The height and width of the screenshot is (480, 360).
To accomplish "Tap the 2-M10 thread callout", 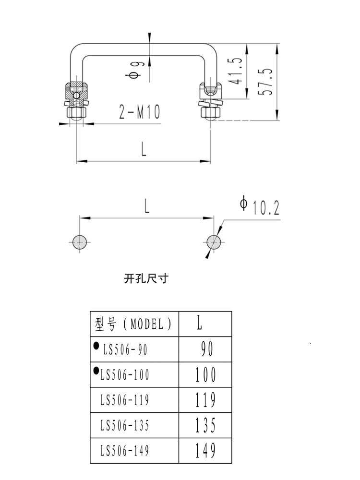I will (139, 112).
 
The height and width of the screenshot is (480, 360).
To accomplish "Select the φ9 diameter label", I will (134, 69).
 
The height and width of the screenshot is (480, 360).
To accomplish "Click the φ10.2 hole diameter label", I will (260, 206).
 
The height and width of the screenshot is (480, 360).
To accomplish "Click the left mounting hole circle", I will (79, 241).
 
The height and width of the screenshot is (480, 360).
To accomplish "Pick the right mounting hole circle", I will (214, 241).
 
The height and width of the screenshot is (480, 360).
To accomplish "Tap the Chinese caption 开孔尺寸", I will (146, 278).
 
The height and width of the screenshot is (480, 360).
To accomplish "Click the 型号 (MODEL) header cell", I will (134, 324).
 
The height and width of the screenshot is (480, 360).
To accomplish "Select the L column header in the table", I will (199, 324).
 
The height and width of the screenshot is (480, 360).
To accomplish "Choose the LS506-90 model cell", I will (125, 350).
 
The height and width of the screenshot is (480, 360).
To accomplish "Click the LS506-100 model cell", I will (125, 375).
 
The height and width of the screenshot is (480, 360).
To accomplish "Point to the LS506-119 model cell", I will (125, 400).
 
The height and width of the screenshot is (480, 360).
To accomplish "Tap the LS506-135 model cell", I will (125, 425).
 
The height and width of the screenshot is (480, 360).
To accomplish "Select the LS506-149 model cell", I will (125, 451).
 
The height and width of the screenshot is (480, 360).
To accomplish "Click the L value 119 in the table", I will (205, 400).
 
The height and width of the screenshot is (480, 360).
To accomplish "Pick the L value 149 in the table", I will (205, 451).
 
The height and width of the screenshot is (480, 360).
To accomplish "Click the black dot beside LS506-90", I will (96, 345).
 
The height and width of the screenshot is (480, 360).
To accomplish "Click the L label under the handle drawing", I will (144, 150).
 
